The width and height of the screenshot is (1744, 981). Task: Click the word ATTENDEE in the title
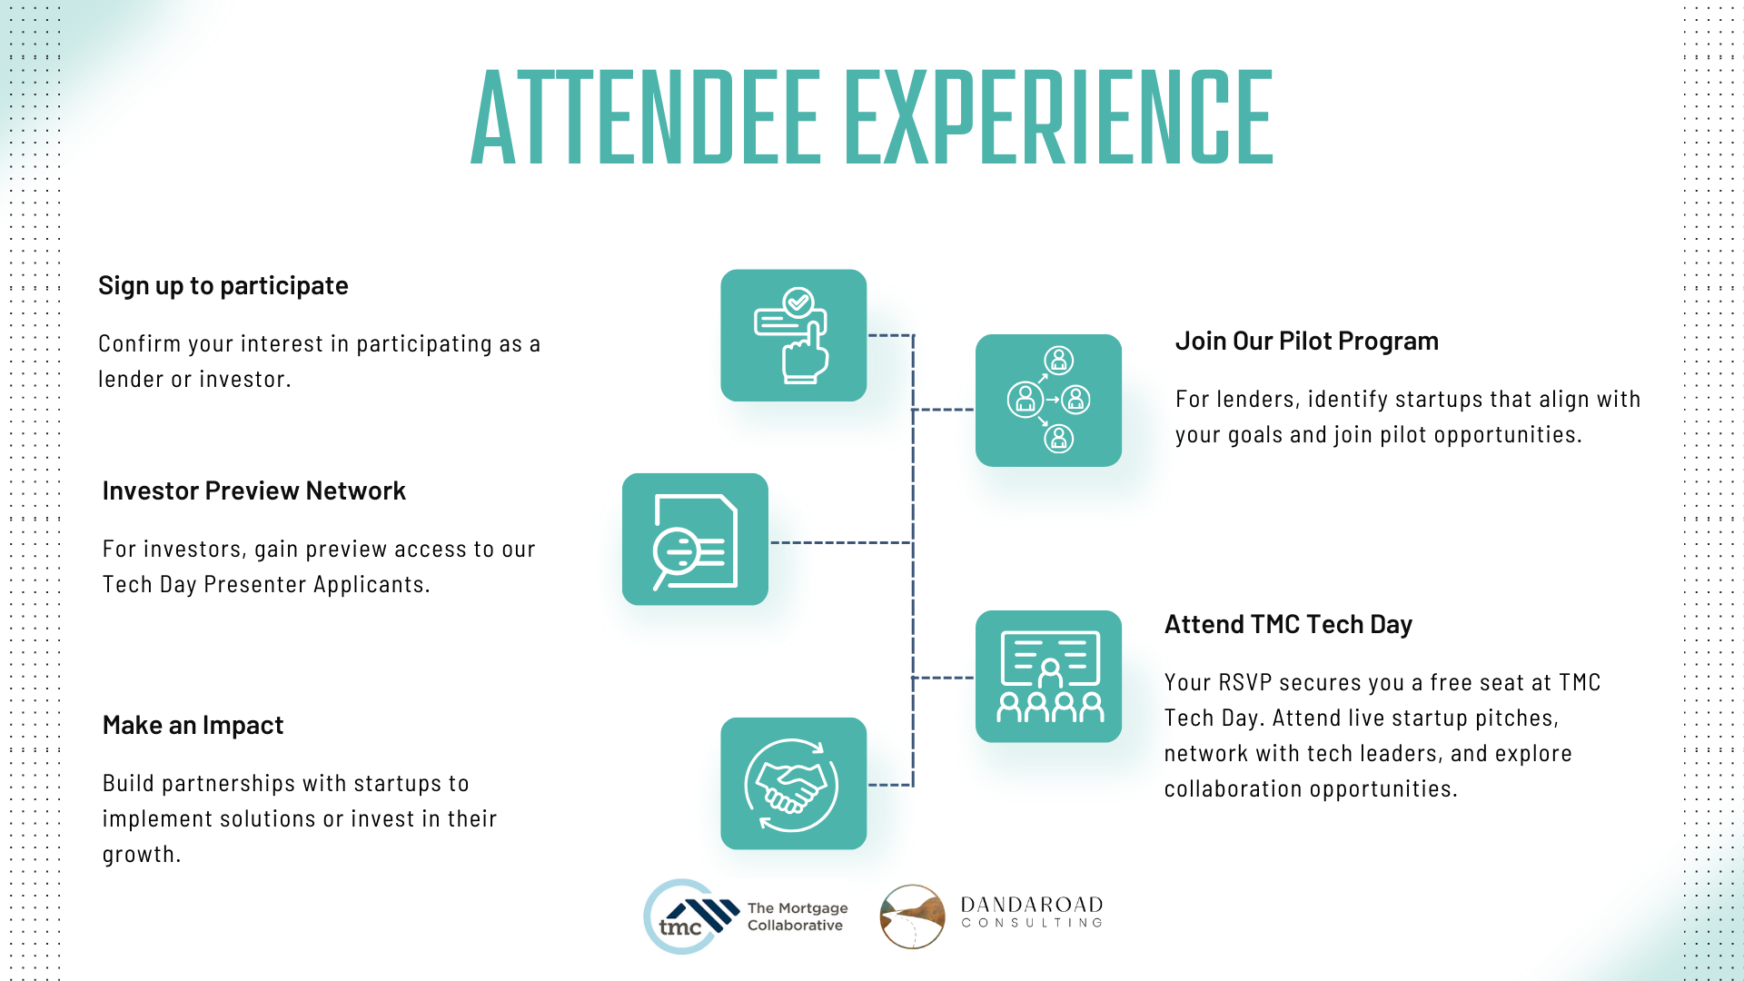click(x=646, y=118)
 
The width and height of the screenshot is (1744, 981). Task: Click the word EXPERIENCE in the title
click(x=1059, y=118)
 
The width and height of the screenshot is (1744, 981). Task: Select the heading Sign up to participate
click(x=223, y=286)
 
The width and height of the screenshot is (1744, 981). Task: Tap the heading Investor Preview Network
click(x=253, y=491)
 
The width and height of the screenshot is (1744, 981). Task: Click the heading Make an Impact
click(x=193, y=726)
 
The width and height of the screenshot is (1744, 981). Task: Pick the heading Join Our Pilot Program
click(x=1306, y=342)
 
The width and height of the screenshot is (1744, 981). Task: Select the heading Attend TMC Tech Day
click(x=1288, y=625)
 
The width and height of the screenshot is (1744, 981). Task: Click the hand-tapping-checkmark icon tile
click(x=793, y=335)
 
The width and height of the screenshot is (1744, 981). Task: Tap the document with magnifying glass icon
click(x=695, y=540)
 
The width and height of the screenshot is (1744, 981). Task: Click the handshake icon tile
click(x=793, y=784)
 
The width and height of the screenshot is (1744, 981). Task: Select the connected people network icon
click(x=1048, y=401)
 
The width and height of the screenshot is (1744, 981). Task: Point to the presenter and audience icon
click(x=1048, y=677)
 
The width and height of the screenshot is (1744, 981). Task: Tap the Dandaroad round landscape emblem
click(x=912, y=917)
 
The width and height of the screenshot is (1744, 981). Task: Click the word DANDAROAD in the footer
click(x=1032, y=905)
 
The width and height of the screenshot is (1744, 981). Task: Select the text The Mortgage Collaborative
click(x=797, y=917)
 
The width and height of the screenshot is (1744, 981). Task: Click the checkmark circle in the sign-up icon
click(x=798, y=302)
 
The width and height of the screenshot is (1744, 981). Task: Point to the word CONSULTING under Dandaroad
click(x=1032, y=923)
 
